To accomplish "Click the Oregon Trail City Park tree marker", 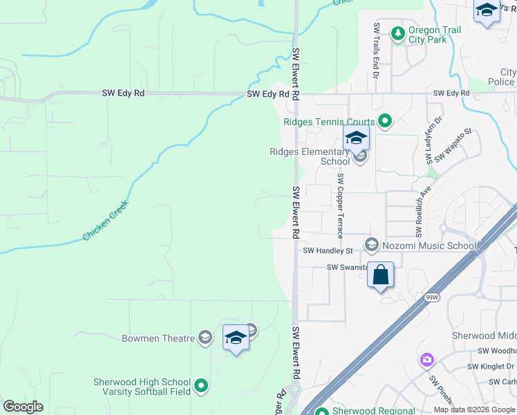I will click(397, 33).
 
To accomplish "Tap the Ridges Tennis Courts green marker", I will click(385, 122).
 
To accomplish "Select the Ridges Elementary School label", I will click(310, 157).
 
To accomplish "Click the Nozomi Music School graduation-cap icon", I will click(371, 245).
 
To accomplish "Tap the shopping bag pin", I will click(380, 275).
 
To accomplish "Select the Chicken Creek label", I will click(108, 221).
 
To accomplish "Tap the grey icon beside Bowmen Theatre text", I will click(205, 338).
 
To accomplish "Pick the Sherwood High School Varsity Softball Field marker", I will click(201, 385).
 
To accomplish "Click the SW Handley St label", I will click(328, 250).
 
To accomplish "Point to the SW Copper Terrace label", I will click(340, 205).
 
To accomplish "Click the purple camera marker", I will click(426, 360).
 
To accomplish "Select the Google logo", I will click(23, 407).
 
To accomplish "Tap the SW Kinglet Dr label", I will click(491, 367).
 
